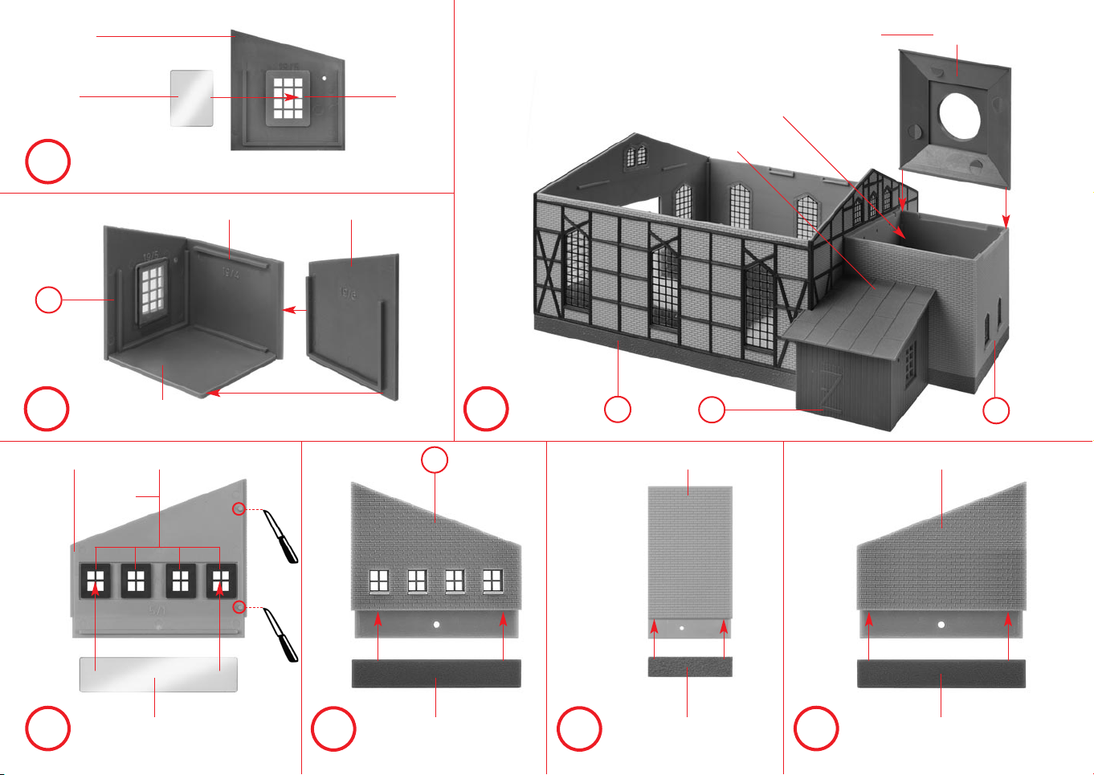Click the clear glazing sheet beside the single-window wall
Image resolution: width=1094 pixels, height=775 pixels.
tap(192, 98)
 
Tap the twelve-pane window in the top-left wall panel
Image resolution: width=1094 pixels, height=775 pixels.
tap(287, 97)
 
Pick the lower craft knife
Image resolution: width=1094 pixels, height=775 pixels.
tap(281, 634)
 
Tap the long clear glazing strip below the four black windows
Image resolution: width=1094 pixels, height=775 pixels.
tap(158, 675)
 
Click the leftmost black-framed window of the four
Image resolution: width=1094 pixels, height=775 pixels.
tap(96, 580)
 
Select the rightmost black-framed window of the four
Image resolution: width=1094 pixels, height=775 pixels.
tap(220, 580)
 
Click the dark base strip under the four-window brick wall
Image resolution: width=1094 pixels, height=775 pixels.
tap(436, 674)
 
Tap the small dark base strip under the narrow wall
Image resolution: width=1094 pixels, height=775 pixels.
tap(690, 667)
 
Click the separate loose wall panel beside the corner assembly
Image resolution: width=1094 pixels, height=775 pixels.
tap(353, 321)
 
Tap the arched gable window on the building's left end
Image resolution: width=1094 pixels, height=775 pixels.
tap(635, 155)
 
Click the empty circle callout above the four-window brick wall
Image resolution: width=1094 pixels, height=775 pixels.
tap(435, 460)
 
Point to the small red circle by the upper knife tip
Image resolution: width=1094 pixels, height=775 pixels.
tap(239, 508)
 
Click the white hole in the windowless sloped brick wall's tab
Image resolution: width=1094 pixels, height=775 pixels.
tap(941, 623)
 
